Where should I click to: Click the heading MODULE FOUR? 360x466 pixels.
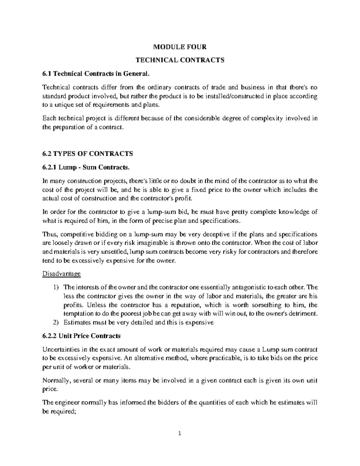pyautogui.click(x=180, y=47)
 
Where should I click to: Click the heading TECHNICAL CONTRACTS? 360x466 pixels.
pyautogui.click(x=180, y=60)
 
